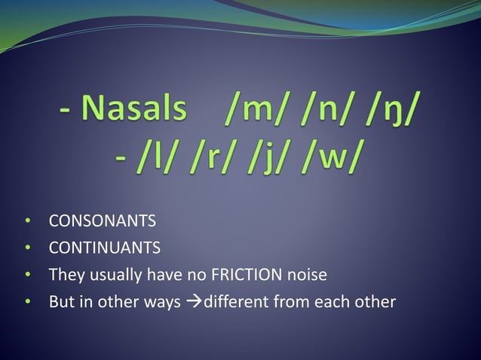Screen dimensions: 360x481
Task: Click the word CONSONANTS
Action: coord(102,221)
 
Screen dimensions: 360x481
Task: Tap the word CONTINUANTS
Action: coord(104,248)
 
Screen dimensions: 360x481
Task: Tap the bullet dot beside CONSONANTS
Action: coord(27,222)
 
